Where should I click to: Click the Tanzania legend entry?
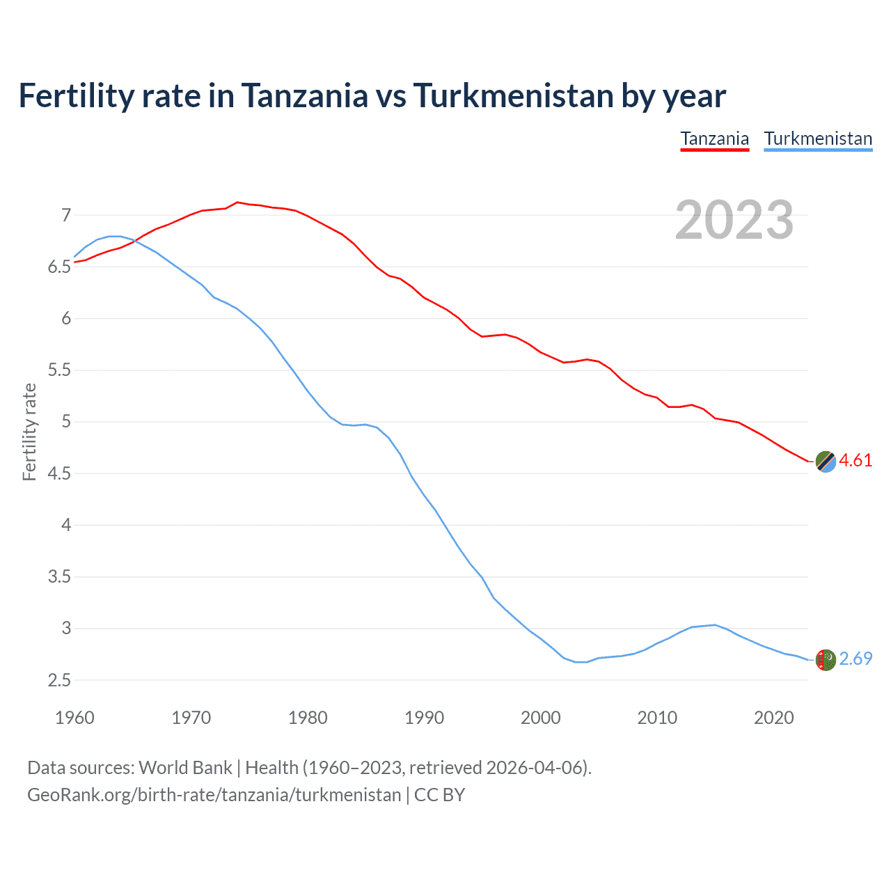[714, 139]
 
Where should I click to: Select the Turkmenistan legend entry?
[818, 139]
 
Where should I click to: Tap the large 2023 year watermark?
[734, 220]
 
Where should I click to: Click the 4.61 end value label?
[855, 461]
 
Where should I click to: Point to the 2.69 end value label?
[855, 659]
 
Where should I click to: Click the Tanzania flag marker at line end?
[826, 461]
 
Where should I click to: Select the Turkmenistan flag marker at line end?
[826, 659]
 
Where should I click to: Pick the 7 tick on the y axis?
[66, 215]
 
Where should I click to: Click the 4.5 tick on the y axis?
[60, 473]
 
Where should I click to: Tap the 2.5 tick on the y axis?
[60, 680]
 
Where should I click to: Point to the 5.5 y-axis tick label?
[60, 370]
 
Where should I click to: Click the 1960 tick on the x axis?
[74, 718]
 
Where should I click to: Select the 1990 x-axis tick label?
[424, 718]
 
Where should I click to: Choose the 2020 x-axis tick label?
[773, 718]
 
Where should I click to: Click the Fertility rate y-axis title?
[29, 432]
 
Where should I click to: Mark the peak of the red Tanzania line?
[237, 202]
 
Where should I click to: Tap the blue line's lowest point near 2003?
[581, 662]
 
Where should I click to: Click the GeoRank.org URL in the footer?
[214, 795]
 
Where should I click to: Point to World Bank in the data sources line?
[185, 768]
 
